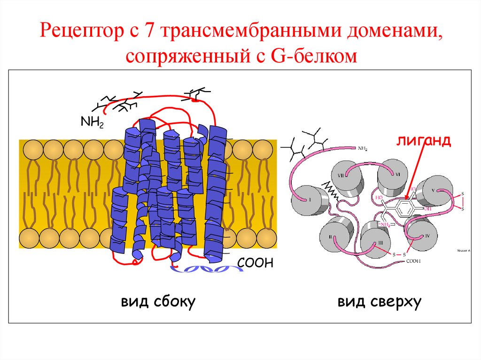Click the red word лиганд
pyautogui.click(x=422, y=140)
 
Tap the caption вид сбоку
pyautogui.click(x=158, y=301)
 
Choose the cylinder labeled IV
pyautogui.click(x=422, y=235)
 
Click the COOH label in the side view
pyautogui.click(x=255, y=262)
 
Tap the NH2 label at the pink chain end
pyautogui.click(x=363, y=149)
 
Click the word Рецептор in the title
pyautogui.click(x=80, y=31)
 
